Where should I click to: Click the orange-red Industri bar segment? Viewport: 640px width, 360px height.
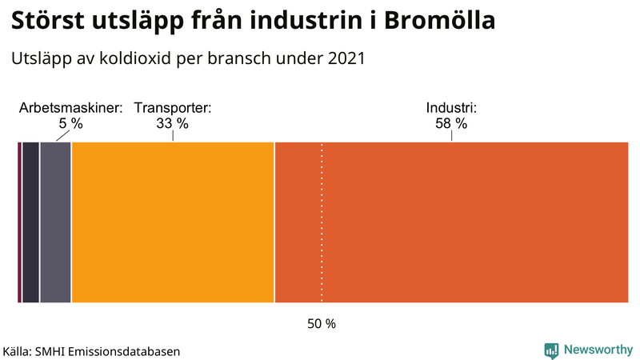pos(452,222)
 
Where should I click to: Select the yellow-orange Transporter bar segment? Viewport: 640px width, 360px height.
pos(173,222)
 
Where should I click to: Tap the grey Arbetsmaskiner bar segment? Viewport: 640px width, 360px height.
pos(55,222)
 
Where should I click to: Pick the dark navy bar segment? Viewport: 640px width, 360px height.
pos(30,222)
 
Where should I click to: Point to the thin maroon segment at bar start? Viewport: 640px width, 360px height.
pos(19,222)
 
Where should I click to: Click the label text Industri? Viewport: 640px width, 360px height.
pos(451,108)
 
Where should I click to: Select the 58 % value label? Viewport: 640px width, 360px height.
pos(451,124)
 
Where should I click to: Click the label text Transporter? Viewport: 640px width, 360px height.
pos(172,108)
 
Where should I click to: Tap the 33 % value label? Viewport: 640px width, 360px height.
pos(172,124)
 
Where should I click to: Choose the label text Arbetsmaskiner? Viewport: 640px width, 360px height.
pos(70,108)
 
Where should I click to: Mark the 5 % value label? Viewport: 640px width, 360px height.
pos(70,124)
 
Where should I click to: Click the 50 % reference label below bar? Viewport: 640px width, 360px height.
pos(322,324)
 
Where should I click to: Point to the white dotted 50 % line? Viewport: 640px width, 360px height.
pos(322,240)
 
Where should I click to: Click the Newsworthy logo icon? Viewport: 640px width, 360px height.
pos(551,350)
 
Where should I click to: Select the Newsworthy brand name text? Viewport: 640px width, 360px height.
pos(598,350)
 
